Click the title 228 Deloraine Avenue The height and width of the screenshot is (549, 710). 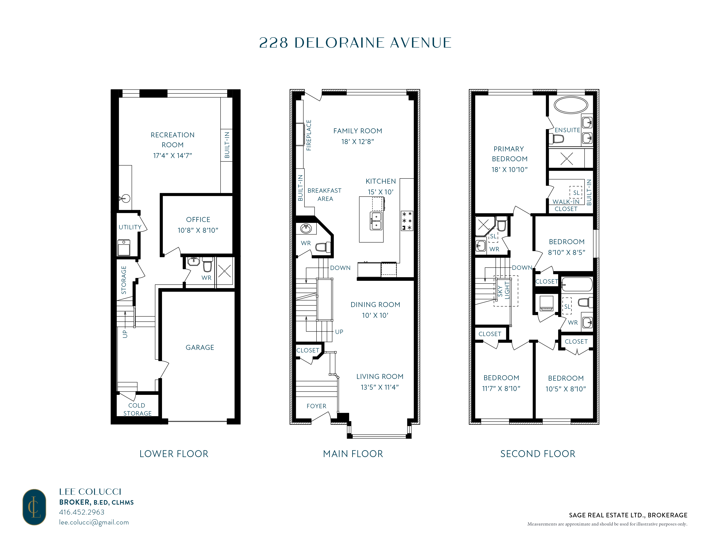pos(355,43)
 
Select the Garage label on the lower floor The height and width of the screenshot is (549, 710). pos(200,347)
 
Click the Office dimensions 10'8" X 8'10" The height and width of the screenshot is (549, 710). pos(198,230)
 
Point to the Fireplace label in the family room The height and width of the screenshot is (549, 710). pos(309,135)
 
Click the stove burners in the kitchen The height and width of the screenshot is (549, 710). pos(407,220)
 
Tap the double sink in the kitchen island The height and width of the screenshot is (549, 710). pos(376,221)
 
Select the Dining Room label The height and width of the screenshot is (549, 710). pos(375,305)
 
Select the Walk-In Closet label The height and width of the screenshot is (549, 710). pos(566,205)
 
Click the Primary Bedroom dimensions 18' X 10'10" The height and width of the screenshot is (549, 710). pos(509,169)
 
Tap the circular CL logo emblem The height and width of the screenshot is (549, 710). pos(34,507)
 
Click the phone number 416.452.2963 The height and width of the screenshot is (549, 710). pos(82,512)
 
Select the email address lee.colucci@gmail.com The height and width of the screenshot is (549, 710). pos(94,522)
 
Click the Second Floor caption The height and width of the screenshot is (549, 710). pos(538,454)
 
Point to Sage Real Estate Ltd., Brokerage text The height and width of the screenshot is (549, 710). pos(628,515)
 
